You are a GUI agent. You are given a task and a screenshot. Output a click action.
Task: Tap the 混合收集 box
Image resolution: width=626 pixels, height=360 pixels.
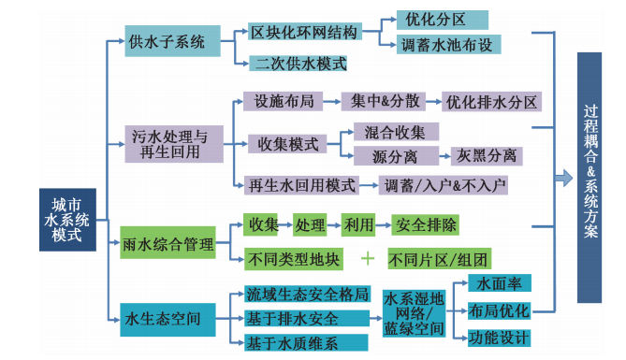tap(393, 131)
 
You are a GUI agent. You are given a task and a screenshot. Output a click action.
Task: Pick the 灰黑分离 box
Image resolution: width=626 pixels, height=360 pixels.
tap(487, 155)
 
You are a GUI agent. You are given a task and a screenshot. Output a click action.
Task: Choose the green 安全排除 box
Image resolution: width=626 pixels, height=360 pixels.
tap(426, 225)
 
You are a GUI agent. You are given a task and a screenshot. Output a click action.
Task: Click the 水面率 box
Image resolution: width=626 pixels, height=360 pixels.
tap(500, 282)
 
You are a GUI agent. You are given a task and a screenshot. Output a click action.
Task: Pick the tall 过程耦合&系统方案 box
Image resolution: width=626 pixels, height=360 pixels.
tap(590, 178)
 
